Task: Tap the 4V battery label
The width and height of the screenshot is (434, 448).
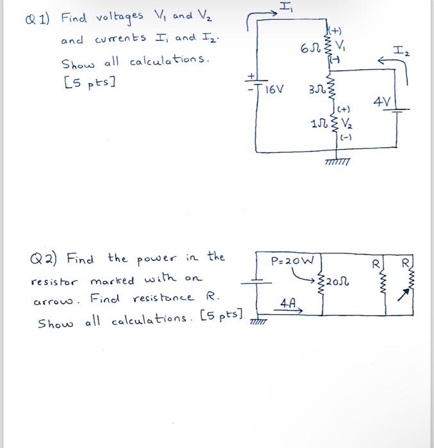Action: coord(383,102)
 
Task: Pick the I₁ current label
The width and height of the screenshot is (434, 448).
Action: coord(284,8)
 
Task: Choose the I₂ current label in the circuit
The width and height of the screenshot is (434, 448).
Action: coord(401,46)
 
